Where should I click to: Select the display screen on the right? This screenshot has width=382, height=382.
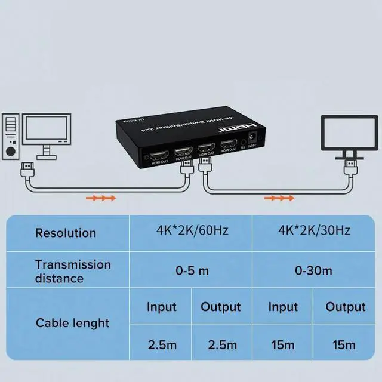click(347, 134)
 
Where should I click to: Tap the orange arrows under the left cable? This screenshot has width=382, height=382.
click(100, 198)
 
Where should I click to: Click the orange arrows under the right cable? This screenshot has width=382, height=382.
click(279, 198)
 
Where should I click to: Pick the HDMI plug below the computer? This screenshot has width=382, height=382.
click(27, 168)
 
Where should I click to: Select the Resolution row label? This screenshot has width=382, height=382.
click(66, 233)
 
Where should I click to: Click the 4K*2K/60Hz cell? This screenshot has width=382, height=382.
click(192, 230)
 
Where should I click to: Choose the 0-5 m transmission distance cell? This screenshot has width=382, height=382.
click(192, 270)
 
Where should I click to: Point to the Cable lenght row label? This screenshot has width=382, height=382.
click(73, 323)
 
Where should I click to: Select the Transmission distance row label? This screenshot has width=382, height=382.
click(73, 271)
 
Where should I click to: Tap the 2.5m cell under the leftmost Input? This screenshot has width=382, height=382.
click(161, 344)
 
